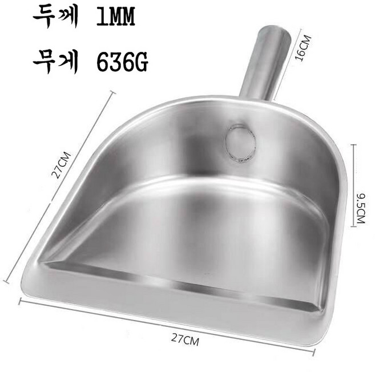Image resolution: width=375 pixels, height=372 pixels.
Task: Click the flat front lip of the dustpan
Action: [x=171, y=297]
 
